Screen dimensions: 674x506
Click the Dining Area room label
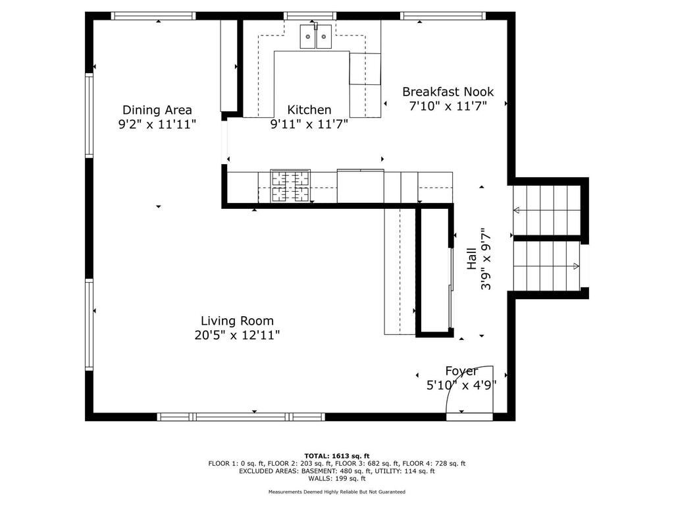coord(157,110)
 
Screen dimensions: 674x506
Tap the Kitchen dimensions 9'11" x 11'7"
coord(309,125)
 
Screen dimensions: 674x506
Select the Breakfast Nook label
coord(448,92)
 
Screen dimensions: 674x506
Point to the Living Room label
coord(237,321)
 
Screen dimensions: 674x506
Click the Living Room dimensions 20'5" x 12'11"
coord(237,335)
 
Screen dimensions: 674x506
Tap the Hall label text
coord(471,258)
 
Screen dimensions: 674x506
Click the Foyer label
coord(461,371)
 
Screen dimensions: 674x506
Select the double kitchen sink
coord(316,36)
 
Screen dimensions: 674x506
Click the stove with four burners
coord(290,186)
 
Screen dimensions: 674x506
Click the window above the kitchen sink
coord(310,16)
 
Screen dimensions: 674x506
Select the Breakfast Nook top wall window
coord(443,16)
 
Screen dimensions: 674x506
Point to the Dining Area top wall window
coord(153,16)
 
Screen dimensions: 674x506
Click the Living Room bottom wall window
coord(241,416)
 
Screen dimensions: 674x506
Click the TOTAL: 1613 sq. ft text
coord(336,456)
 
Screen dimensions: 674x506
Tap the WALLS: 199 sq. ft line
coord(336,478)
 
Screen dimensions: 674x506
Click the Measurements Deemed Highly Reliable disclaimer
coord(336,492)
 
